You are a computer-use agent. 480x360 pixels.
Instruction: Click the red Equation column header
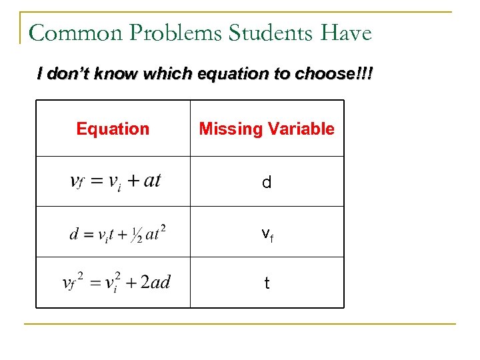click(x=113, y=129)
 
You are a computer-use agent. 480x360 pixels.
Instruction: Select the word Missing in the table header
click(x=227, y=129)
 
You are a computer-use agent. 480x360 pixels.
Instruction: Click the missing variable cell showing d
click(x=267, y=183)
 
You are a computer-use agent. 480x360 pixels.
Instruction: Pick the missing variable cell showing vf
click(x=267, y=233)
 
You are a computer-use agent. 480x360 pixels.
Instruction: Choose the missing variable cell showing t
click(x=267, y=283)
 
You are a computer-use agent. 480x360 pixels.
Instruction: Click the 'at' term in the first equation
click(x=152, y=181)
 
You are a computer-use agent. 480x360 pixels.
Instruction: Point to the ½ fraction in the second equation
click(x=137, y=235)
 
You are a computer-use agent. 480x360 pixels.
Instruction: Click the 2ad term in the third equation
click(x=156, y=283)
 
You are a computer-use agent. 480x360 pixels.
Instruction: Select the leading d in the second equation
click(x=74, y=234)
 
